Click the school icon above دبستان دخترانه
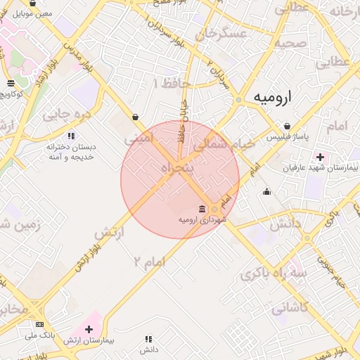(70, 136)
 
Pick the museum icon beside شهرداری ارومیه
(202, 209)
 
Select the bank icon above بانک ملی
(39, 325)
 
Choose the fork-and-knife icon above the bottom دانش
(148, 339)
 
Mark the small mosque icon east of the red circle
(266, 191)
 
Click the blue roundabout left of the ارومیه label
(239, 100)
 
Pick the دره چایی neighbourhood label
(67, 113)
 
